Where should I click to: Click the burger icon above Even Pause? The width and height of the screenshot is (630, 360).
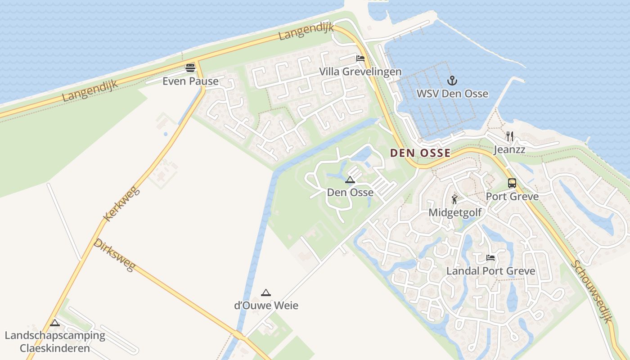pos(190,68)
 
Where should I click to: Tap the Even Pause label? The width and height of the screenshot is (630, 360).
pos(190,81)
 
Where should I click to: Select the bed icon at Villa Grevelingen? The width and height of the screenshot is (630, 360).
pos(360,58)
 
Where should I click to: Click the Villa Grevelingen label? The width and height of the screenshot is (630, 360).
pos(360,72)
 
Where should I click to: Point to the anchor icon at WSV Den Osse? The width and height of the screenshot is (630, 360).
pos(452,81)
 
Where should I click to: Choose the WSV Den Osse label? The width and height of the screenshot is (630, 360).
pos(452,94)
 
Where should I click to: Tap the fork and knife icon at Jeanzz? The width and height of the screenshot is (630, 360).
pos(510,136)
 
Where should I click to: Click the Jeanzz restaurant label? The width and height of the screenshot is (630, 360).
pos(509,149)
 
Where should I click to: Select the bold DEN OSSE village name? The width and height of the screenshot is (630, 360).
pos(420,153)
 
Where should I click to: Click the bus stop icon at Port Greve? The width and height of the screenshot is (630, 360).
pos(512,183)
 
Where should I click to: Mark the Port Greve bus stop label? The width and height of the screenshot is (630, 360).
pos(512,197)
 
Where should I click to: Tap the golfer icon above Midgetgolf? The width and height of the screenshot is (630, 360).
pos(455,199)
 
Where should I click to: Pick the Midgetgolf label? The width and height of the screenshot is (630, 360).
pos(455,212)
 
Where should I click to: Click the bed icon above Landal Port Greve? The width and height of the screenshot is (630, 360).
pos(490,258)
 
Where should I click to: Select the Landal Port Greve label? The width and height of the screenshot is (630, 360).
pos(490,271)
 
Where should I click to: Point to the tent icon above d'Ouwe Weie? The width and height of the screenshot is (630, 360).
pos(266,293)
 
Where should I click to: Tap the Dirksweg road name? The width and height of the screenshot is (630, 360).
pos(114,255)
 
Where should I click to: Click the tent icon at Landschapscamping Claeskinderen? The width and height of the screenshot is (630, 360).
pos(55,323)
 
